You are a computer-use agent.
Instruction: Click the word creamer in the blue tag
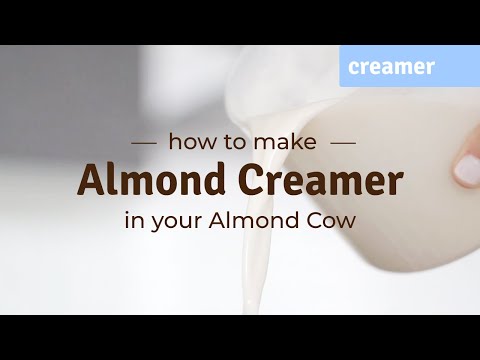pyautogui.click(x=391, y=67)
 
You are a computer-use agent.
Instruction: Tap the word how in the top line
pyautogui.click(x=187, y=142)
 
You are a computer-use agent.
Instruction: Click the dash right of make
pyautogui.click(x=342, y=143)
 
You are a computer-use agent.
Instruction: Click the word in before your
pyautogui.click(x=132, y=221)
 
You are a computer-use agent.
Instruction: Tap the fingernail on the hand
pyautogui.click(x=466, y=170)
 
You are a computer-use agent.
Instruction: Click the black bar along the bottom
pyautogui.click(x=240, y=337)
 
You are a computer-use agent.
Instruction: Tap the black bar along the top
pyautogui.click(x=240, y=22)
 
